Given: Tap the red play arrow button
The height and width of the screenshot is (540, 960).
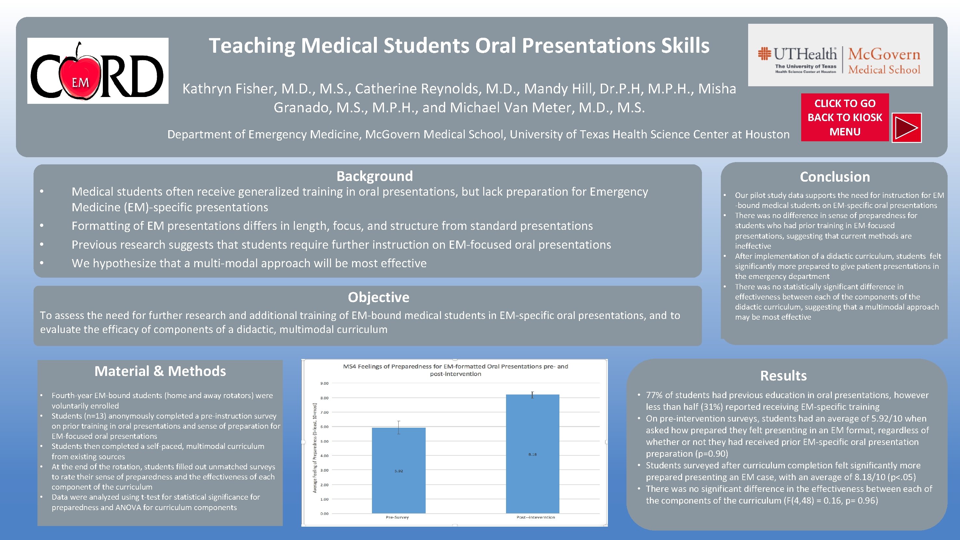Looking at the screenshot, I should [x=906, y=128].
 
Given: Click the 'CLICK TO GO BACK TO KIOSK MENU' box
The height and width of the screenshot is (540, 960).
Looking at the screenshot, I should [x=844, y=118].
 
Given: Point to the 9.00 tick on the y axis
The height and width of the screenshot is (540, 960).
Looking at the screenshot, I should [x=324, y=383].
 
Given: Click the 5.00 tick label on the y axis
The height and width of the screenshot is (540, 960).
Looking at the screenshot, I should [x=324, y=442].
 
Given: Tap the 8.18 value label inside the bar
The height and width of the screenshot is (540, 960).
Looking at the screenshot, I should [x=532, y=454].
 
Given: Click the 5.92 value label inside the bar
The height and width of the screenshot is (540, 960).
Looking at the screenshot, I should [x=398, y=471].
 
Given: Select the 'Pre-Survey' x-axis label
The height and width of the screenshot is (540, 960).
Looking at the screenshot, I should [x=397, y=517].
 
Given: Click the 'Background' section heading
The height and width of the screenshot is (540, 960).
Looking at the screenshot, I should [x=375, y=176].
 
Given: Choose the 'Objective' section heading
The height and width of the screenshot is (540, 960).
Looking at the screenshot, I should [x=378, y=297].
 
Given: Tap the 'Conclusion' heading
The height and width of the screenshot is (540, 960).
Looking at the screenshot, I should [x=834, y=177].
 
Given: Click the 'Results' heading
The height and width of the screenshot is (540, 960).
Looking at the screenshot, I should [x=783, y=375].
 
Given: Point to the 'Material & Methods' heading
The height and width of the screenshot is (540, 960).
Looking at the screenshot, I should [x=160, y=371].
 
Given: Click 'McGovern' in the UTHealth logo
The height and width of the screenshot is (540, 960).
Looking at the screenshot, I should [x=884, y=54].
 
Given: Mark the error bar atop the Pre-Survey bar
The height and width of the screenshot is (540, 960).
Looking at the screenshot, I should [x=398, y=427].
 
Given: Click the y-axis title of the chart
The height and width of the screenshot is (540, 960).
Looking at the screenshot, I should [x=315, y=448].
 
